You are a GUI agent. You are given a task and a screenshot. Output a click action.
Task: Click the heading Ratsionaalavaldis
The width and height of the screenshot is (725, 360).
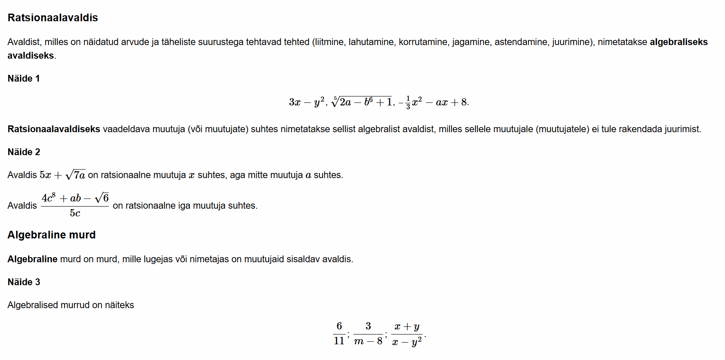coord(53,18)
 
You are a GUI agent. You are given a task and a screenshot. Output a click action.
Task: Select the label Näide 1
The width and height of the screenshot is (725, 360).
coord(24,79)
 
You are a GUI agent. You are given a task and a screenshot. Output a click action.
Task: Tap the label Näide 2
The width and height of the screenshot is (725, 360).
coord(24,152)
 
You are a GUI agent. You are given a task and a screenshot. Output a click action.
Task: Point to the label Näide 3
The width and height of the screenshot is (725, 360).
coord(24,282)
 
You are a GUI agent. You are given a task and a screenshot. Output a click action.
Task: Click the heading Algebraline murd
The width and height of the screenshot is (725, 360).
coord(51,235)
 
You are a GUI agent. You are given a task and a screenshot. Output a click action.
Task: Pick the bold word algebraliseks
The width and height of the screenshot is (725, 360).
coord(679,42)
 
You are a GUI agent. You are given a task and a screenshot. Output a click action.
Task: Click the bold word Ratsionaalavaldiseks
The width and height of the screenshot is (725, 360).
coord(54,129)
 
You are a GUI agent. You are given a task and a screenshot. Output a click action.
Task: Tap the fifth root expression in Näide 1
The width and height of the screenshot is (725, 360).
coord(361,102)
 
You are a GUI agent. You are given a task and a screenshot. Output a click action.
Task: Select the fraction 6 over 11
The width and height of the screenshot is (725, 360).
coord(339,333)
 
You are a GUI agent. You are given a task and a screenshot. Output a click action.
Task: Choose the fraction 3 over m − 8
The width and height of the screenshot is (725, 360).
coord(368,333)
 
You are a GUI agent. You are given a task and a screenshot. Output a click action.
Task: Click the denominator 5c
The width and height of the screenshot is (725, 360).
coord(75,213)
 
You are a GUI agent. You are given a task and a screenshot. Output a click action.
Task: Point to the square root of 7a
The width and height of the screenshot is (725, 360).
coord(76,175)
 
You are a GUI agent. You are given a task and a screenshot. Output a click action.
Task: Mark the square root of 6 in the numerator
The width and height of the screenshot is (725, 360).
coord(102,198)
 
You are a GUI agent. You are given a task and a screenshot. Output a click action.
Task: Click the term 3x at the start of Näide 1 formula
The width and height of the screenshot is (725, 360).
coord(295,102)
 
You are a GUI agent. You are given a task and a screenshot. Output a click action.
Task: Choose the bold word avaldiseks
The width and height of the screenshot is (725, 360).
coord(31,56)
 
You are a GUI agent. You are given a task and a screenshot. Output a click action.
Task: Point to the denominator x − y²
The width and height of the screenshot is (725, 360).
coord(407,342)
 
